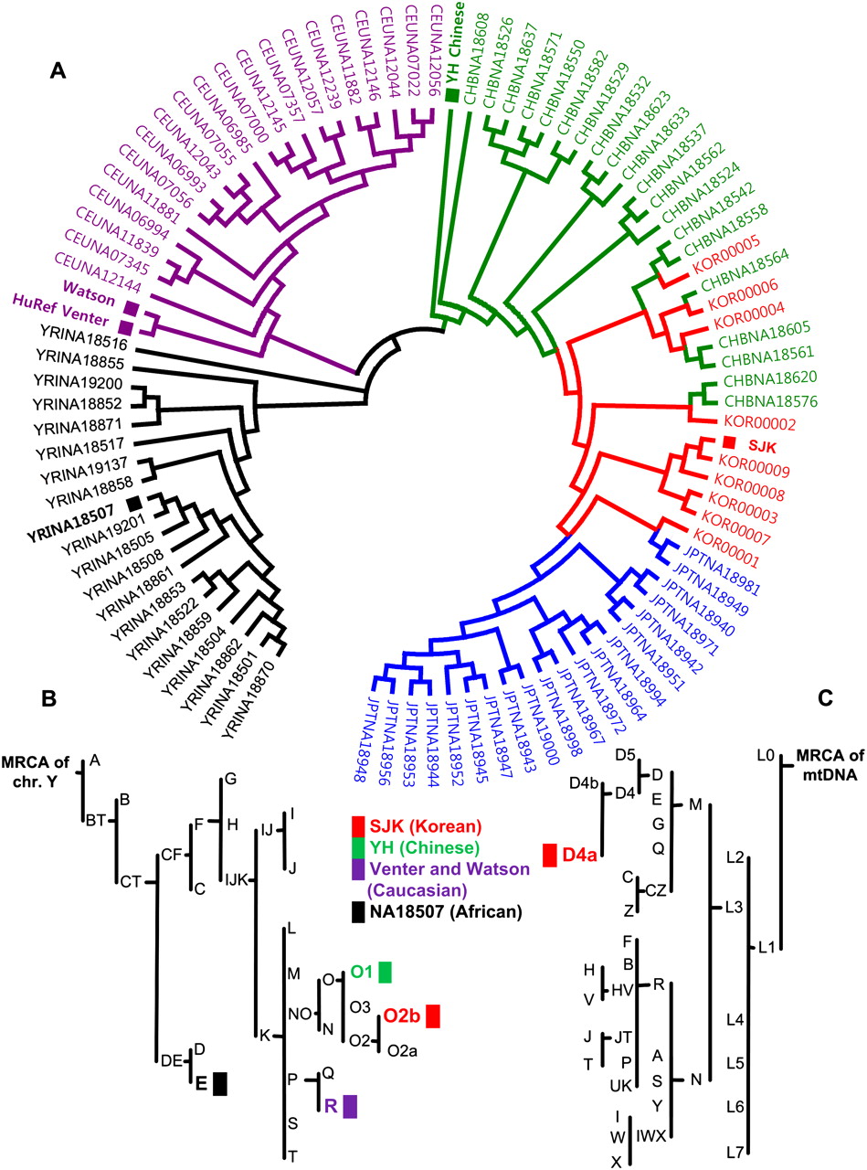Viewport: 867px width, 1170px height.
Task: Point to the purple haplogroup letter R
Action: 331,1105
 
